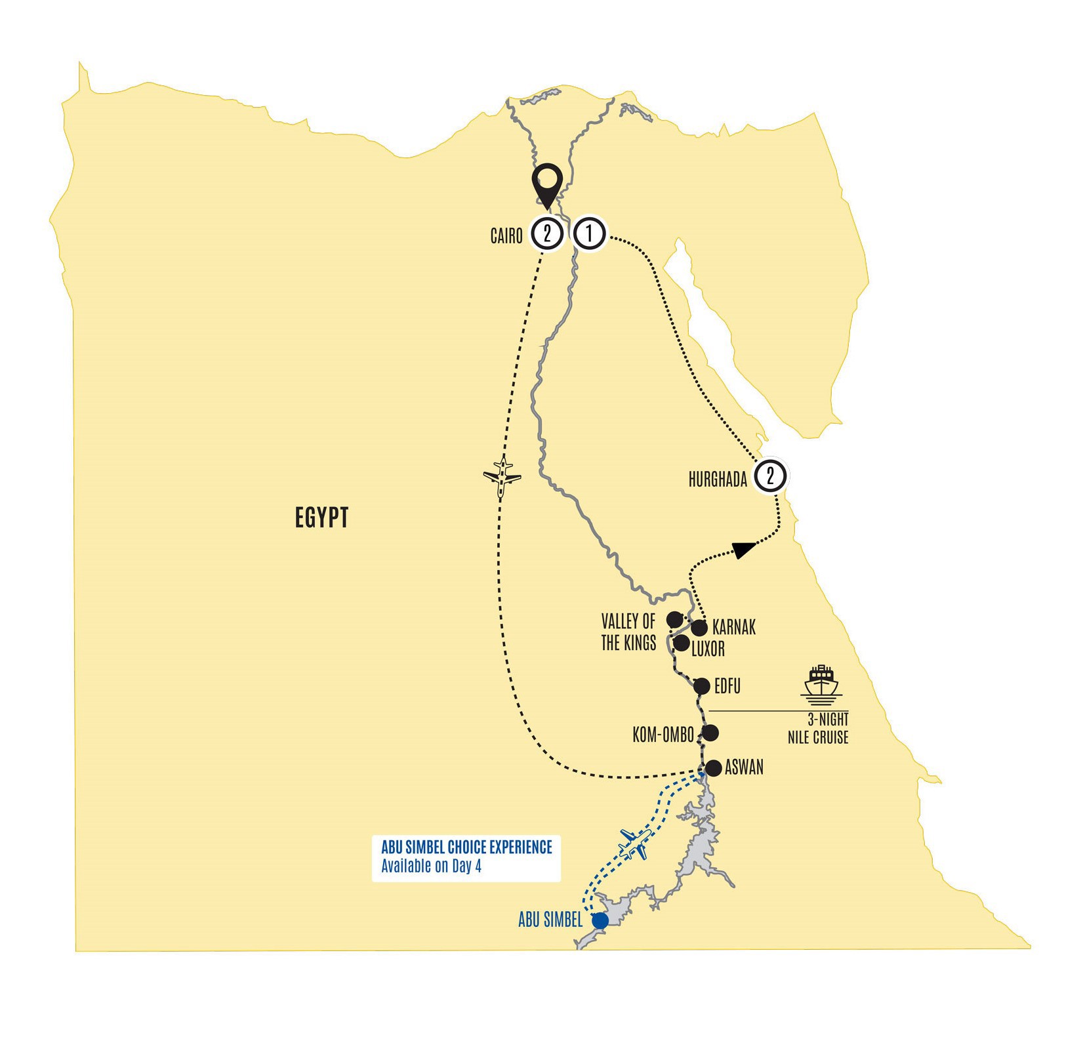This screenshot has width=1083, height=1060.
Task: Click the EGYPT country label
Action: (321, 518)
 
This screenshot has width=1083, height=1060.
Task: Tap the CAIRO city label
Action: (506, 236)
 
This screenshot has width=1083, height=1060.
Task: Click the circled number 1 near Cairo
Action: (589, 234)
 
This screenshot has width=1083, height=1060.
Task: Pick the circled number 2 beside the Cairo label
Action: (546, 234)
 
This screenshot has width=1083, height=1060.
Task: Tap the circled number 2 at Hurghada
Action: (770, 476)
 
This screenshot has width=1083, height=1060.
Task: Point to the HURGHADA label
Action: (718, 480)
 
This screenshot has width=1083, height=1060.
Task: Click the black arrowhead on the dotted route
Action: (743, 549)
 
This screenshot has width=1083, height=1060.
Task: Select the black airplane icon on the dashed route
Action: (502, 477)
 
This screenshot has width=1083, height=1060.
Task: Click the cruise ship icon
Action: (821, 682)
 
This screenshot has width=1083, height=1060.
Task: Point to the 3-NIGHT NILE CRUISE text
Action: (819, 729)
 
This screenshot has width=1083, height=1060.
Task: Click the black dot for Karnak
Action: (699, 628)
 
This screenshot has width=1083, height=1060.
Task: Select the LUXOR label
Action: (708, 649)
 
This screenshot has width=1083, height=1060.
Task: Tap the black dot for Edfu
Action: (702, 687)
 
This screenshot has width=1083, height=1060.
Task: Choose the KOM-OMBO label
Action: (663, 735)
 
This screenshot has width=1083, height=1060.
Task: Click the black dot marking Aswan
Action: (713, 768)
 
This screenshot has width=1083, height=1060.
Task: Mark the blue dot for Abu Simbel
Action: (600, 921)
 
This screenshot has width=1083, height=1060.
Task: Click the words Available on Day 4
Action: (432, 866)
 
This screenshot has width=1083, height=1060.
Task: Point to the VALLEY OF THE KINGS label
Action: (628, 632)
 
